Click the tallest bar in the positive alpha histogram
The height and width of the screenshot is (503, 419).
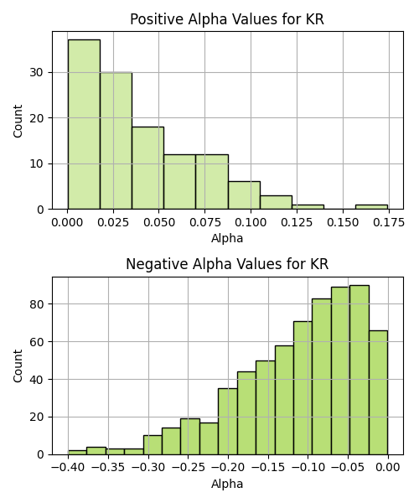pos(84,124)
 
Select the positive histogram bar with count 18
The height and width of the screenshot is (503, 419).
pos(147,169)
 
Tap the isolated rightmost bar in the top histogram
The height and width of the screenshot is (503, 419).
pos(371,207)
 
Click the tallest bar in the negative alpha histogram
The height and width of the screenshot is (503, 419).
pos(360,370)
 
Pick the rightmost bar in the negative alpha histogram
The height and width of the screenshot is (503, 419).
pos(378,392)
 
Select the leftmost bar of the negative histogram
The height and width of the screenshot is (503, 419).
pos(77,453)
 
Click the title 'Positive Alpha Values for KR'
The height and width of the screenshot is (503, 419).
pos(227,19)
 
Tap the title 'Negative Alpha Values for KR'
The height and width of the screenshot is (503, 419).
pos(227,264)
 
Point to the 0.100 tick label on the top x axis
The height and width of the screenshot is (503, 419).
pos(251,222)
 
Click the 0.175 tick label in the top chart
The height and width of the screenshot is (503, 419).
pos(389,222)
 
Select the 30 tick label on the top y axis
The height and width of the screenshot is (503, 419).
pos(36,72)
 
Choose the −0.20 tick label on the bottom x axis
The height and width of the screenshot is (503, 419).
pos(228,468)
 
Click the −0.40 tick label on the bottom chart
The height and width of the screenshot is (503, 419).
pos(68,468)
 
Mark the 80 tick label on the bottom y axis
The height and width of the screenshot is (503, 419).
pos(36,303)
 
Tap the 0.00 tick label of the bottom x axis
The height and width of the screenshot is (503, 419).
pos(388,468)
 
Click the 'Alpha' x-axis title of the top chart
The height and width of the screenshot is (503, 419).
pos(227,238)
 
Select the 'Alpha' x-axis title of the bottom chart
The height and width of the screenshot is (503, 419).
pos(227,484)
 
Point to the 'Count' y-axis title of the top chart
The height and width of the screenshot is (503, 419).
pos(18,121)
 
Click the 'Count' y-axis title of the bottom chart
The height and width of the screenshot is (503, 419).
pos(18,366)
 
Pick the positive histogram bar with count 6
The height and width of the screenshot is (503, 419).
pos(245,195)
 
